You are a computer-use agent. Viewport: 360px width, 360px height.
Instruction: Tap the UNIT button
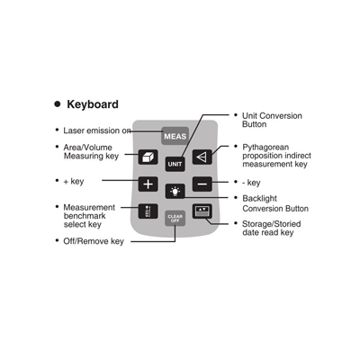click(175, 164)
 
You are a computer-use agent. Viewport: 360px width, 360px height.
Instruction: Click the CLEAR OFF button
click(175, 218)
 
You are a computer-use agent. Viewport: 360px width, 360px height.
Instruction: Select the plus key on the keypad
click(148, 184)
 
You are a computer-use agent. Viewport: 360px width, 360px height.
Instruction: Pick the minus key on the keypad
click(202, 184)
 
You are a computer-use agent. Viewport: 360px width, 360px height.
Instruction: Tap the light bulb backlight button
click(175, 191)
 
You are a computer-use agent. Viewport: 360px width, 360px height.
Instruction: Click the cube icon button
click(148, 157)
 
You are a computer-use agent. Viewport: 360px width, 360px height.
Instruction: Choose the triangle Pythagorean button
click(202, 157)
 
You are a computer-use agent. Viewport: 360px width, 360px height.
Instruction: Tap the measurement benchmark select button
click(148, 211)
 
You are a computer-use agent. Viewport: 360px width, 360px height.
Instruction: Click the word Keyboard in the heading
click(93, 104)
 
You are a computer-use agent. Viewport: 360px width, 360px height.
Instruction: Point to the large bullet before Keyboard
click(58, 104)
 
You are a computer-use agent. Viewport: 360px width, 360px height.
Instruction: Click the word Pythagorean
click(265, 148)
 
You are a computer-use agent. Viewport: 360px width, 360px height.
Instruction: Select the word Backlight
click(260, 198)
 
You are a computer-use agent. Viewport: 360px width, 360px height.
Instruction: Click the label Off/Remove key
click(94, 241)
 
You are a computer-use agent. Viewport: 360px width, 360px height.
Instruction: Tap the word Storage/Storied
click(272, 224)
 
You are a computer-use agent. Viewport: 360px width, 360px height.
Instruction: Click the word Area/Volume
click(87, 148)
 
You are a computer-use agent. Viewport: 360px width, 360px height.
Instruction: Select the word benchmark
click(85, 216)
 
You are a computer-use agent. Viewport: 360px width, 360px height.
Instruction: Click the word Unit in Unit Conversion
click(249, 116)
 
